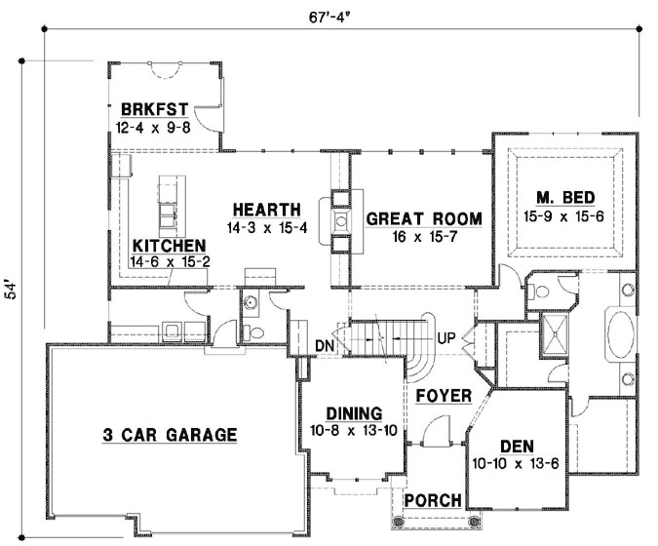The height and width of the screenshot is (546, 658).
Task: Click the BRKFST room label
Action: point(154,108)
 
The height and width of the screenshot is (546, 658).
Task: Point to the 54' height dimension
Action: point(11,290)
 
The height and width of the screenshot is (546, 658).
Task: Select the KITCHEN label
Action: point(169,246)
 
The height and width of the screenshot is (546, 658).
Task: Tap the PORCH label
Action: point(433,500)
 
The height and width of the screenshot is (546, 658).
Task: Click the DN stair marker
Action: point(326,345)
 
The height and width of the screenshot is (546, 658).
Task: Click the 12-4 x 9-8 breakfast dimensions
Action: point(154,125)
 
